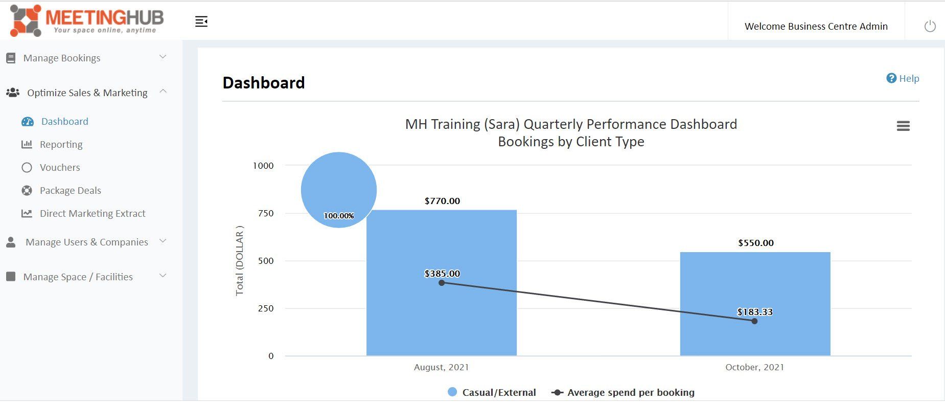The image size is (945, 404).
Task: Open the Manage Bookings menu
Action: point(62,58)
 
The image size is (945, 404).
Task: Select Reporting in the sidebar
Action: point(61,145)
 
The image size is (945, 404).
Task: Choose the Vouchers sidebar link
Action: point(60,168)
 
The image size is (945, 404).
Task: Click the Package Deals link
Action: point(71,191)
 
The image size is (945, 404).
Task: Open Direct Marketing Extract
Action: point(93,214)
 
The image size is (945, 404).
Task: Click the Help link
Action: point(903,78)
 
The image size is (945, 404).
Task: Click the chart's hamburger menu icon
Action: point(903,126)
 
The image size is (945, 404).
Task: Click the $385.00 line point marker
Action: point(442,283)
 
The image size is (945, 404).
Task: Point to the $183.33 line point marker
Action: point(754,321)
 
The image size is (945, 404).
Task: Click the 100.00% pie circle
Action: point(339,190)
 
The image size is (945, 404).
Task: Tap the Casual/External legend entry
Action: point(492,392)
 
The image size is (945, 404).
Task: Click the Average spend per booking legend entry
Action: point(623,392)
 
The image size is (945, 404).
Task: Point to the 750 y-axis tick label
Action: point(266,213)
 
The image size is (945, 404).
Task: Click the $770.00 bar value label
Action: point(442,201)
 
